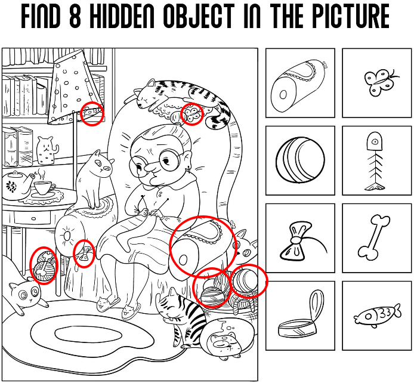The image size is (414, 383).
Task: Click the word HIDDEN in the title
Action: point(123,16)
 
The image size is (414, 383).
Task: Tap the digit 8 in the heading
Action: point(75,16)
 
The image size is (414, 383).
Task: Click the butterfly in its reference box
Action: point(381,82)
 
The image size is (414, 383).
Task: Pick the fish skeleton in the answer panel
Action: point(375,160)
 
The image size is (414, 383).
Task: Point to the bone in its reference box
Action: point(373,236)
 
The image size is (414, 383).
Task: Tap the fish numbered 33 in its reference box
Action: point(377,315)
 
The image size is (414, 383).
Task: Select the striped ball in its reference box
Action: point(300,160)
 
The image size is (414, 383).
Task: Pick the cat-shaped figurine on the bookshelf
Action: point(47,150)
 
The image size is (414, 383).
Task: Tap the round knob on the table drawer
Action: point(33,218)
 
